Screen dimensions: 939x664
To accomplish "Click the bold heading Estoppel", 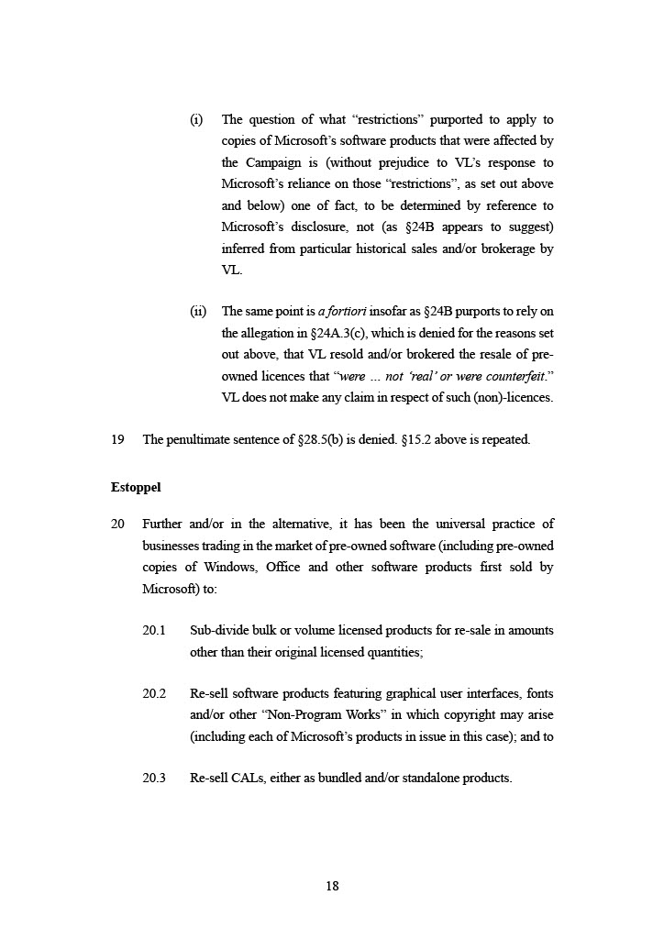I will click(x=136, y=488).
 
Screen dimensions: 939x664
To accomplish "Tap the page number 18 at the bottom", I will click(x=332, y=886).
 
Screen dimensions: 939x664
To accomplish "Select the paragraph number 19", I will click(x=117, y=439).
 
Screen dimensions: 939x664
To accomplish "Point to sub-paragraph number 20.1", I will click(x=154, y=631).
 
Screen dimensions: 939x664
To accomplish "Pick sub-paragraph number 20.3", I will click(x=154, y=779).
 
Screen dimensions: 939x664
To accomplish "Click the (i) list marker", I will click(x=196, y=120).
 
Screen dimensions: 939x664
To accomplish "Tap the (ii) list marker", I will click(x=198, y=312).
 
